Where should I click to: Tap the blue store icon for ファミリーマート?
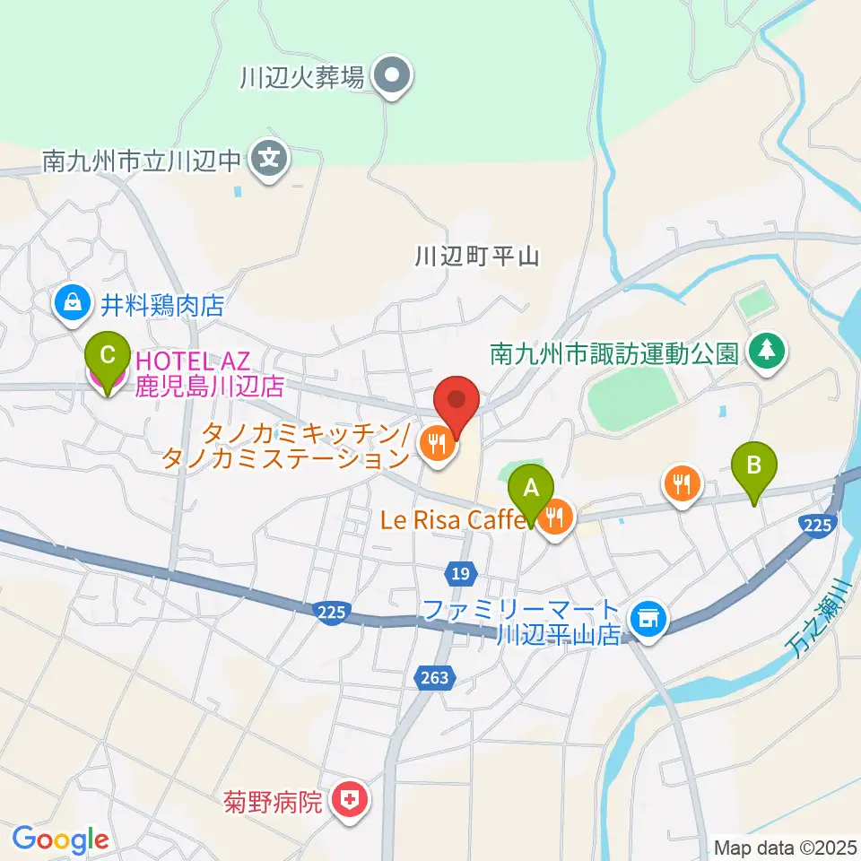[646, 618]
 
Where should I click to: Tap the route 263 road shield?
[433, 679]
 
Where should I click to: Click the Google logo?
[61, 839]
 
